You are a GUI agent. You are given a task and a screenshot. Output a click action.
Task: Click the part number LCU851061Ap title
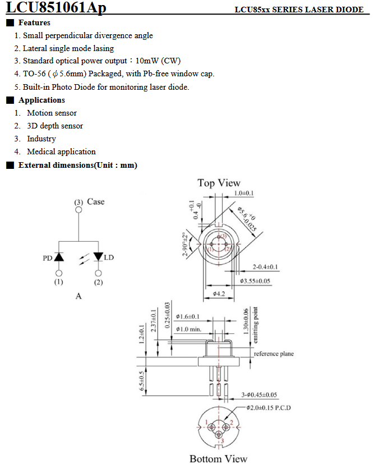point(56,8)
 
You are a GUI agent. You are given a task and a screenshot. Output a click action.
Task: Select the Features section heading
point(34,22)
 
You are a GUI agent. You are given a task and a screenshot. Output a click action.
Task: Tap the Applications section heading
point(41,100)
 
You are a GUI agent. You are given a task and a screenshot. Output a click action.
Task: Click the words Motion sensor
point(52,113)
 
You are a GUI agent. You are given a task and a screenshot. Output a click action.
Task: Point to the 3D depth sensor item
point(55,126)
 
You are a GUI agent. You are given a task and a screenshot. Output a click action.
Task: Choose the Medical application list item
point(61,151)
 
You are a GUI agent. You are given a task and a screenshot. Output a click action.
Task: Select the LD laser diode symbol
point(99,258)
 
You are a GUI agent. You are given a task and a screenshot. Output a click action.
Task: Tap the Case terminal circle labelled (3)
point(78,210)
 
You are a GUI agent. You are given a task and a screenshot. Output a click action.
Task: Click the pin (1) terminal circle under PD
point(59,273)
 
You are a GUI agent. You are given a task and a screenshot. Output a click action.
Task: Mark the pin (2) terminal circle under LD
point(99,273)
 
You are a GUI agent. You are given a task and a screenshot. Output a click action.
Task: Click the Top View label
point(219,183)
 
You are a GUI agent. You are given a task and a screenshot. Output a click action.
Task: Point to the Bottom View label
point(218,458)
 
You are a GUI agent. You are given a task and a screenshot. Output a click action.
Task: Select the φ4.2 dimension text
point(219,293)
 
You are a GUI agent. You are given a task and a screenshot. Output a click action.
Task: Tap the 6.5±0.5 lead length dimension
point(143,380)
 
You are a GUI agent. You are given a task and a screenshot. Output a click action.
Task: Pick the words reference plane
point(274,354)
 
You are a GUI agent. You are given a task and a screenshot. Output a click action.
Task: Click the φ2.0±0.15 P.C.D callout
point(269,407)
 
